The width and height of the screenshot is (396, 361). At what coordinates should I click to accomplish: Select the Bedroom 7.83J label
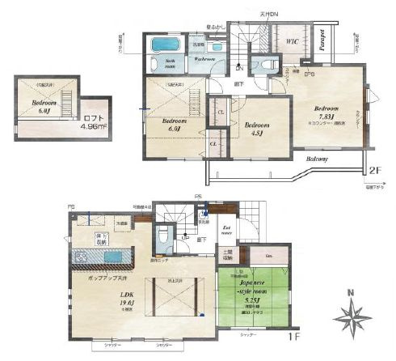tap(326, 112)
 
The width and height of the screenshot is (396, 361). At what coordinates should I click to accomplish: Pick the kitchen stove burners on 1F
tap(82, 258)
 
